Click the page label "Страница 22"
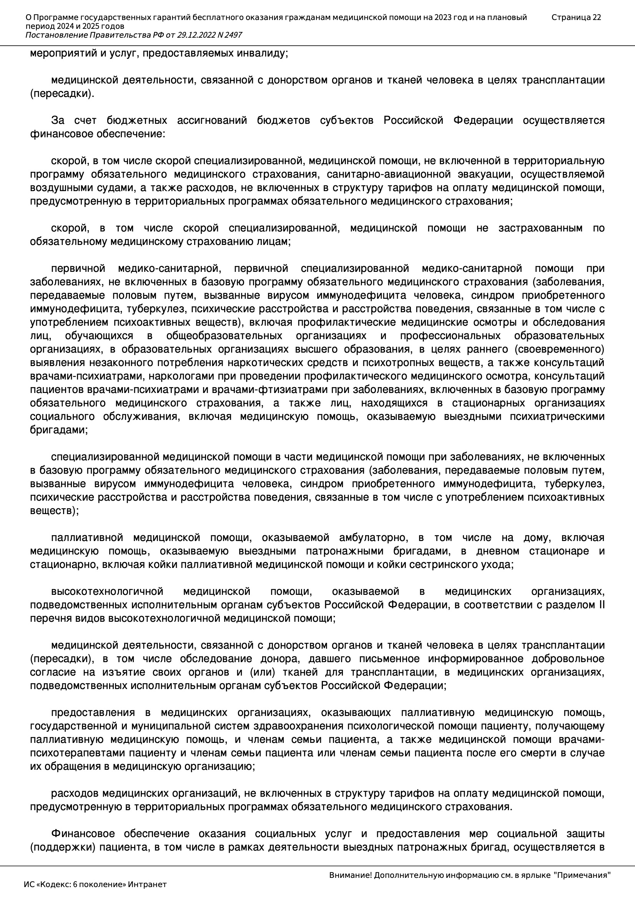point(576,17)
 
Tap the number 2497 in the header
point(233,35)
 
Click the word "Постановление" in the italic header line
point(57,35)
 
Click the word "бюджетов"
point(283,120)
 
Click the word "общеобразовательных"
point(224,336)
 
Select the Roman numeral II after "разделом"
point(602,605)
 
